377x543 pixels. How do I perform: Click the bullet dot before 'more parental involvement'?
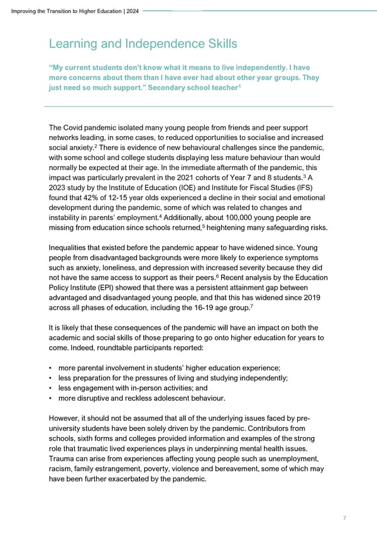pos(50,367)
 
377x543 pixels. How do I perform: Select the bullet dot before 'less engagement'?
pos(50,387)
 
